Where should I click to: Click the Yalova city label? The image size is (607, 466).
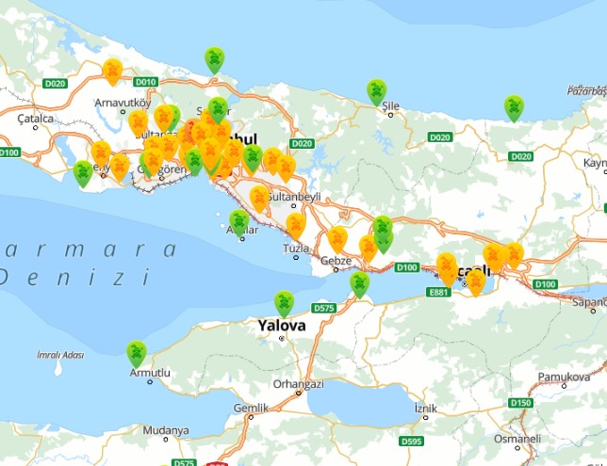pos(281,325)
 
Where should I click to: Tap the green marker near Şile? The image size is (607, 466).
pos(376,91)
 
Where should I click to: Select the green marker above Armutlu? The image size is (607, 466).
pos(137,354)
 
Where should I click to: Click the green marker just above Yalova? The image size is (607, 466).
pos(284,303)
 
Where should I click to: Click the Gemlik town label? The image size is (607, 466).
pos(252,408)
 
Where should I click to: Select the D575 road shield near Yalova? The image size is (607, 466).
pos(323,308)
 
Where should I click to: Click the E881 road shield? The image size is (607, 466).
pos(438,293)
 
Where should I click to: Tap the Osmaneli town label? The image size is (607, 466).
pos(517,439)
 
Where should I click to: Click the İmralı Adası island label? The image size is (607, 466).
pos(60,355)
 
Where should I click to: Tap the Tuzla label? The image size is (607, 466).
pos(295,249)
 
